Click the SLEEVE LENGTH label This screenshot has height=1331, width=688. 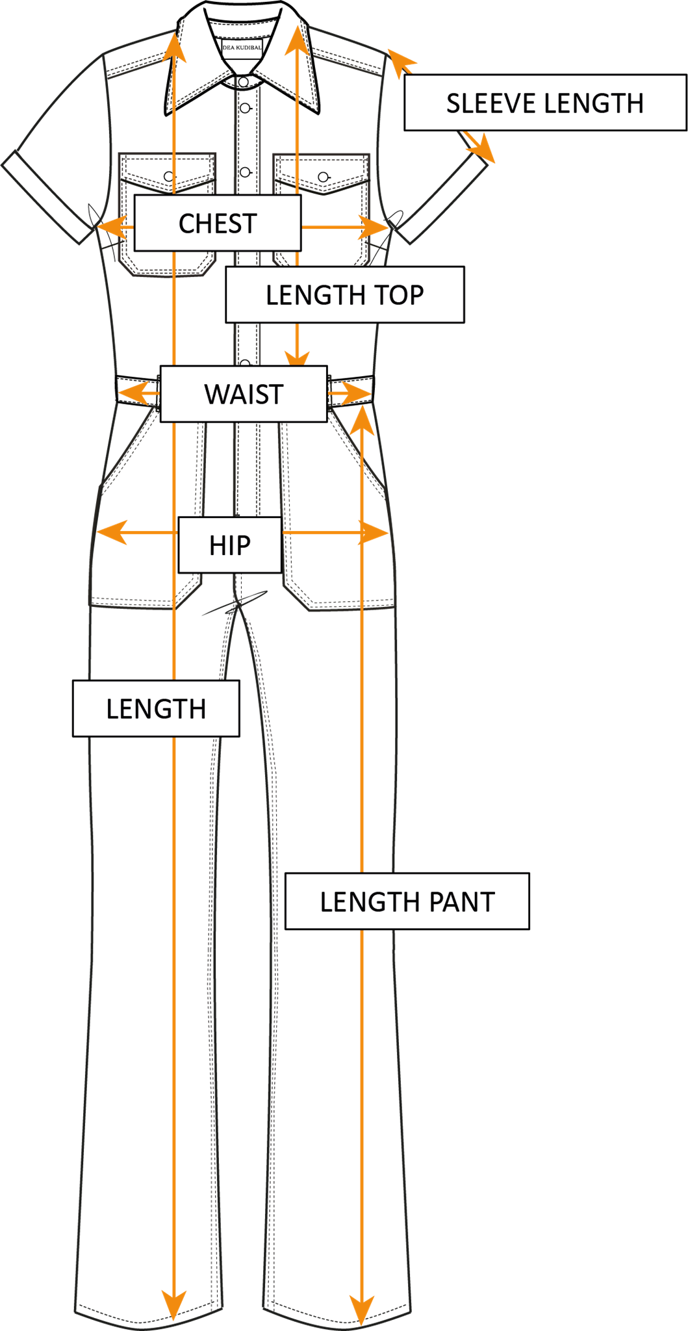tap(544, 103)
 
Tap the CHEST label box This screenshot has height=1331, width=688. tap(218, 224)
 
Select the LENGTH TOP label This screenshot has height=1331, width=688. tap(344, 295)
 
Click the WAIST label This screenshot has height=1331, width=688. tap(244, 394)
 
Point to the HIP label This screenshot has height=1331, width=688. tap(230, 545)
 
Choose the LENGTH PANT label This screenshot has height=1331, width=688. tap(407, 902)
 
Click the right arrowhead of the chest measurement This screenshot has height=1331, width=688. tap(377, 227)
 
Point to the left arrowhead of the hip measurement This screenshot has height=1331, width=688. tap(108, 532)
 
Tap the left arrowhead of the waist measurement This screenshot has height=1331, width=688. tap(130, 393)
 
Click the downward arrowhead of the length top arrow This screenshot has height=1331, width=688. tap(297, 357)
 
